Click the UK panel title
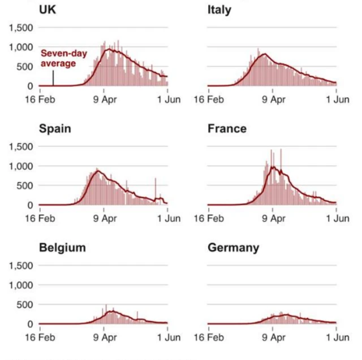click(x=49, y=10)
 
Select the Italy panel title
click(x=219, y=10)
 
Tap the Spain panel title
click(x=55, y=129)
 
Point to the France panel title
click(x=227, y=129)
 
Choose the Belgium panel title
click(x=62, y=248)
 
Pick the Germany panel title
click(x=234, y=248)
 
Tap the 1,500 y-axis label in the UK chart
click(x=20, y=28)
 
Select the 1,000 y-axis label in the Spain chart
click(x=20, y=166)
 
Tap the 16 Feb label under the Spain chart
click(x=39, y=218)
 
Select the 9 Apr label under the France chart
click(x=274, y=218)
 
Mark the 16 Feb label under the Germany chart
click(x=208, y=337)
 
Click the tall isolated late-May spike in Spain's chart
click(x=156, y=189)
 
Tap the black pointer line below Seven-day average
click(x=53, y=77)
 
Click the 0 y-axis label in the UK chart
click(x=29, y=86)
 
